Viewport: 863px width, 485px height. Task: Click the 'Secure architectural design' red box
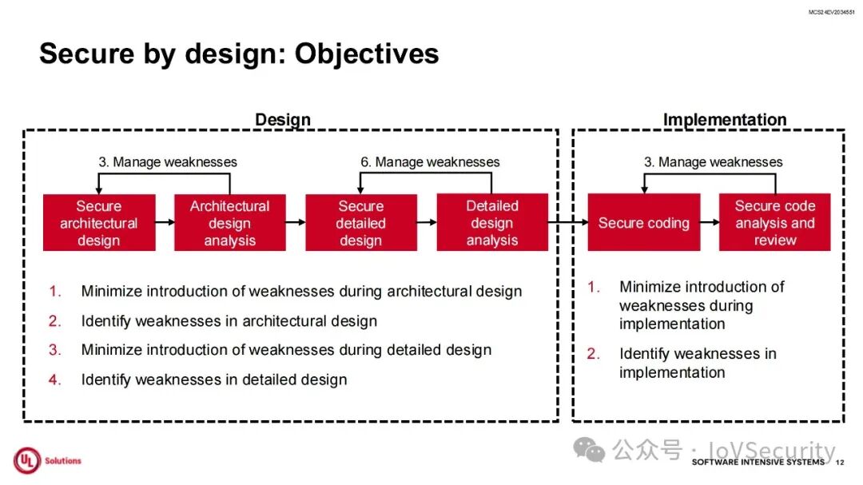(98, 223)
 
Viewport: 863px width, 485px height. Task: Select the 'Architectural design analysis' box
(229, 223)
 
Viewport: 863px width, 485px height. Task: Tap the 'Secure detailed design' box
(360, 223)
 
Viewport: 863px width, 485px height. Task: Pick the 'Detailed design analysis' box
(491, 223)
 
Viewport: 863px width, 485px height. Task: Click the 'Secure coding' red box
(643, 223)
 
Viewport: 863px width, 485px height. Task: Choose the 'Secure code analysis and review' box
(774, 223)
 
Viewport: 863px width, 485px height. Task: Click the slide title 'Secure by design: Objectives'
(239, 54)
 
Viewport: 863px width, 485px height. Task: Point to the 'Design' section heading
(282, 120)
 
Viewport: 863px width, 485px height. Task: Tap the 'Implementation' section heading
(724, 120)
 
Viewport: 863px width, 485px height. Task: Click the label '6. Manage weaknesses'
(430, 162)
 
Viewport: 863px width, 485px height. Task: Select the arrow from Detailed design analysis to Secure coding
(567, 223)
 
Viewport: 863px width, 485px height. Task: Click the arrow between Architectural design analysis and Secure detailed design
(295, 223)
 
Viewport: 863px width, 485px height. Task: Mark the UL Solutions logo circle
(26, 460)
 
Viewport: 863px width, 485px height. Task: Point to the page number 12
(839, 463)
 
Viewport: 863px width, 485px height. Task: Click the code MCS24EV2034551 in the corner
(832, 13)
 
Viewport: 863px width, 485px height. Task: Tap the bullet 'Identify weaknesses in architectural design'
(229, 321)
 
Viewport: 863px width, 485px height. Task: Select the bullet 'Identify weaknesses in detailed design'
(213, 380)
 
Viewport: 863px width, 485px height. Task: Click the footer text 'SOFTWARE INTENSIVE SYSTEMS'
(758, 463)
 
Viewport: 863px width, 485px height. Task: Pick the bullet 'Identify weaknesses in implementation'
(697, 363)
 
